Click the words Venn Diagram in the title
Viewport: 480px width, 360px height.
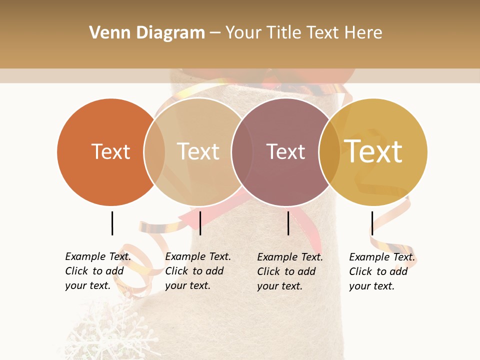pyautogui.click(x=147, y=33)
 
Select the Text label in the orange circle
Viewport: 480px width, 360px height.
pyautogui.click(x=110, y=151)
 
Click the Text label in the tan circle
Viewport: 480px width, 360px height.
pyautogui.click(x=198, y=151)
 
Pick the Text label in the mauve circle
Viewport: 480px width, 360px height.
pyautogui.click(x=285, y=151)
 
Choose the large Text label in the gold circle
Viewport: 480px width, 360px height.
pyautogui.click(x=373, y=151)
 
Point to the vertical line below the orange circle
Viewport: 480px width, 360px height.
pyautogui.click(x=112, y=223)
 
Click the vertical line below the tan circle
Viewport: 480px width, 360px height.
pyautogui.click(x=200, y=223)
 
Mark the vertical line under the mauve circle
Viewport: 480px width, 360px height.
pyautogui.click(x=288, y=223)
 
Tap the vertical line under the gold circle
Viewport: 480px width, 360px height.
pyautogui.click(x=372, y=223)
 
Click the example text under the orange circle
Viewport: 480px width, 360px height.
pyautogui.click(x=98, y=271)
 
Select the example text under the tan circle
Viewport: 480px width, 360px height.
pyautogui.click(x=198, y=271)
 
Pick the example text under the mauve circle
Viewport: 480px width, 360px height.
pyautogui.click(x=290, y=271)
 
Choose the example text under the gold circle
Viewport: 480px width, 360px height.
pyautogui.click(x=382, y=271)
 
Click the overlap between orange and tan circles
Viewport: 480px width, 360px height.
pyautogui.click(x=154, y=151)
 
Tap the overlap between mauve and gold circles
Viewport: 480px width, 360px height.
pyautogui.click(x=329, y=151)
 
